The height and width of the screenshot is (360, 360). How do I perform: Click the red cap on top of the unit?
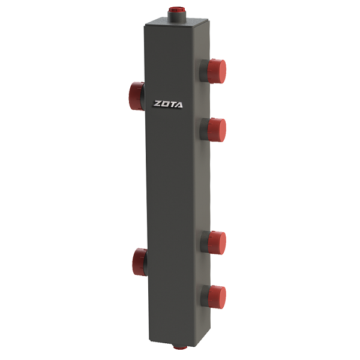176,10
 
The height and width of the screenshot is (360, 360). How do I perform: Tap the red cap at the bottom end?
180,347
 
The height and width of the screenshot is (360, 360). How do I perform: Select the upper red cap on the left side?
136,96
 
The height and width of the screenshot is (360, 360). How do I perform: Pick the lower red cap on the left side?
139,262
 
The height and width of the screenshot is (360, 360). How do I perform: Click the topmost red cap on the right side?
217,71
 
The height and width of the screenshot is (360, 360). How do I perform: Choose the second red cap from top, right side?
217,130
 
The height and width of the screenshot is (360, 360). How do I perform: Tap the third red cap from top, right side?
217,243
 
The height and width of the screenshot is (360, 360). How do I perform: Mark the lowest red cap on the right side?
217,297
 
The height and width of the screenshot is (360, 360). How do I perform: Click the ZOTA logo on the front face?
168,104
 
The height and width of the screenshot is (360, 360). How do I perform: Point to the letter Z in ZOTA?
157,104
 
